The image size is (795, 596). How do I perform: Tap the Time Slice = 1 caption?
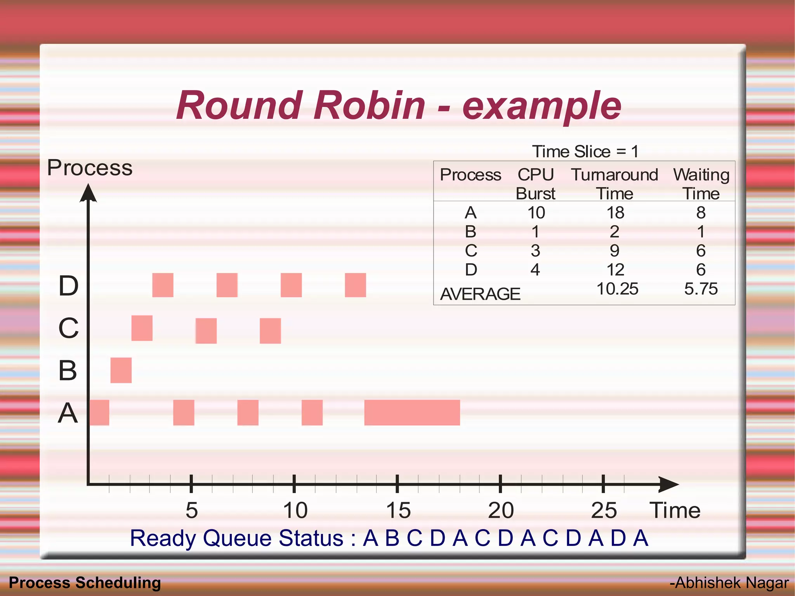pos(585,151)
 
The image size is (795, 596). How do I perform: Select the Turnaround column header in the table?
pos(614,175)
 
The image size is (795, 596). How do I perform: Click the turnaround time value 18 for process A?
pos(615,213)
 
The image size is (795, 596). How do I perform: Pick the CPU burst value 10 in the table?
pos(536,213)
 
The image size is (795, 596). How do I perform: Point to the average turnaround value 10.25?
pos(617,289)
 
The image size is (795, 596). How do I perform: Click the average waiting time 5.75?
pos(701,289)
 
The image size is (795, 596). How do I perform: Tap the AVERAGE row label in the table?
pos(480,294)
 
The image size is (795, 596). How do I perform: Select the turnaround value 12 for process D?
pos(615,270)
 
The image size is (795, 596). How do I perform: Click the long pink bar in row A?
pos(412,412)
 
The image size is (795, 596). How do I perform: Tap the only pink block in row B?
pos(121,370)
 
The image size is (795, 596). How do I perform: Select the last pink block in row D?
pos(355,285)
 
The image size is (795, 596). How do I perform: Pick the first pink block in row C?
pos(142,328)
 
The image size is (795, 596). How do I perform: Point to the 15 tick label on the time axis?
pos(398,510)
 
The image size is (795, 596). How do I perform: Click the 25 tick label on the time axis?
pos(604,510)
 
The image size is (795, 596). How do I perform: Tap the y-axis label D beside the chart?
pos(68,286)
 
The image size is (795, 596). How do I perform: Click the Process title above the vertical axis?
pos(90,168)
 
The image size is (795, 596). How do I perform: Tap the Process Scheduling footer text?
pos(85,583)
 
